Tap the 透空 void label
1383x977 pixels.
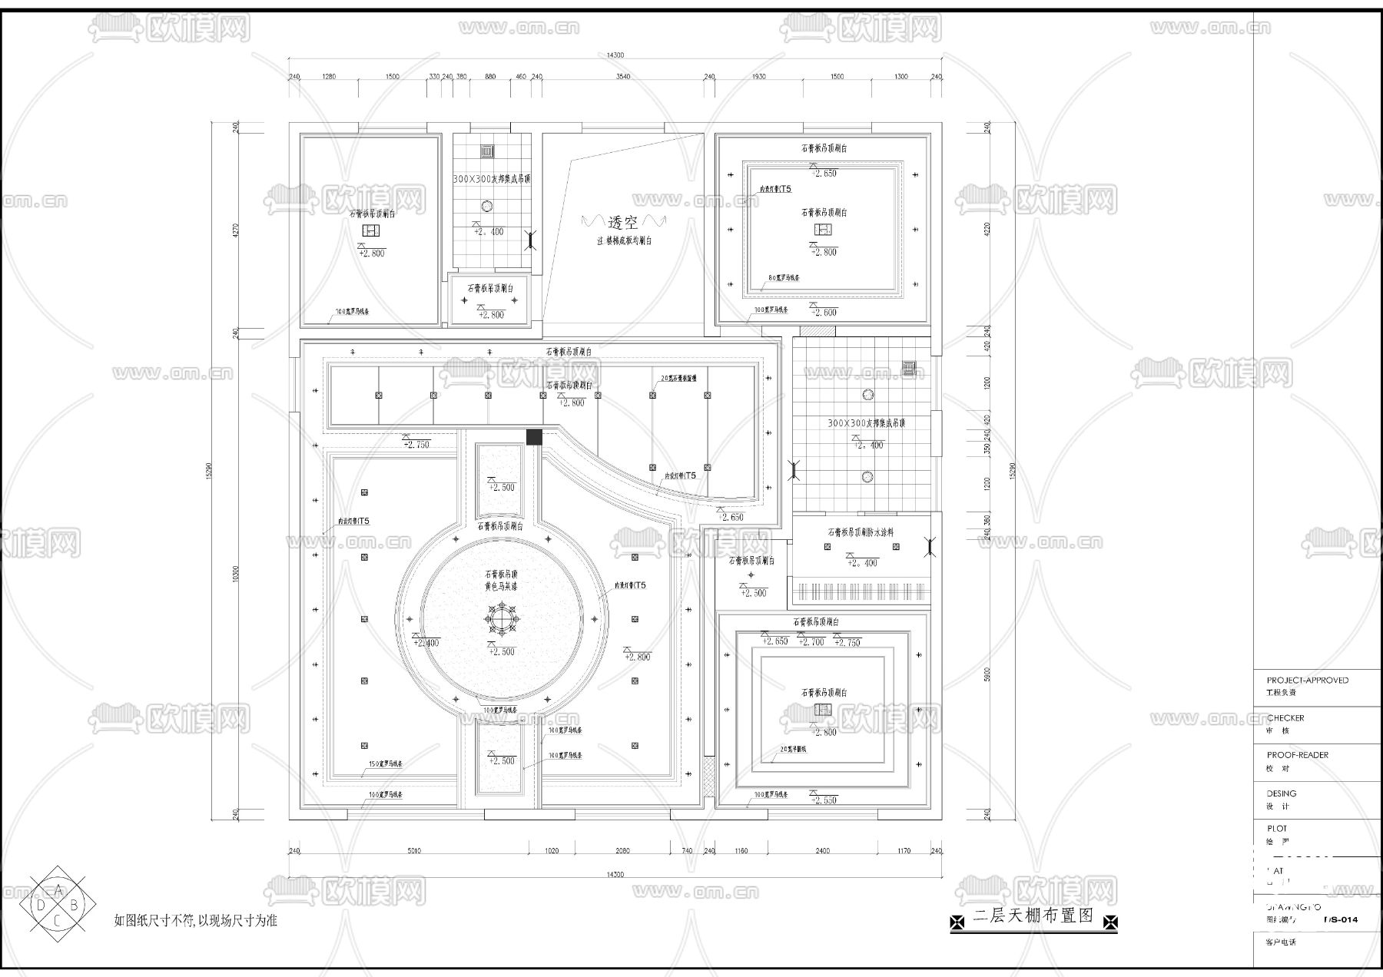622,223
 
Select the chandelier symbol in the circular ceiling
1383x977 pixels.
502,618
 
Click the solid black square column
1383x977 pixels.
534,437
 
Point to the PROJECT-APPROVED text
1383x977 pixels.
1307,680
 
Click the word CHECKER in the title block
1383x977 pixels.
1285,717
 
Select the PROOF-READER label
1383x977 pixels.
1297,754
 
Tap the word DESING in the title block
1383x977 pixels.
1281,793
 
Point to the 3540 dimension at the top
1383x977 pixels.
622,76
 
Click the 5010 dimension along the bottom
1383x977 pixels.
414,850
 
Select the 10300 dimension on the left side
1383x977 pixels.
236,573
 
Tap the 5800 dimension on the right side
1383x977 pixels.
987,674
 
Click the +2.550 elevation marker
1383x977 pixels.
824,800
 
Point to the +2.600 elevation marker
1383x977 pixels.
824,312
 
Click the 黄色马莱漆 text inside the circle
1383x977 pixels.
501,585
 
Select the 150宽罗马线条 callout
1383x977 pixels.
386,764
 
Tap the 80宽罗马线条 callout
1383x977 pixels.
784,277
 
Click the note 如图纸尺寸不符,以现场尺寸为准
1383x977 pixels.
195,920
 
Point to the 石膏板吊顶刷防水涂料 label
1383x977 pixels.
860,532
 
